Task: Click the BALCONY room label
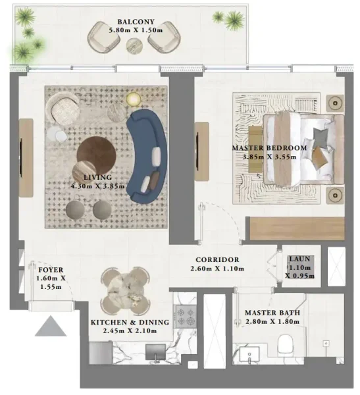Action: pyautogui.click(x=137, y=20)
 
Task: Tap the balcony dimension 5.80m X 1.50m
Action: pyautogui.click(x=137, y=30)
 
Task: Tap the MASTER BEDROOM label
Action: pyautogui.click(x=269, y=148)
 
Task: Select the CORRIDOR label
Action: pyautogui.click(x=217, y=260)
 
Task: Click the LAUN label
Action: pyautogui.click(x=299, y=259)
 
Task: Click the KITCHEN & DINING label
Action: pyautogui.click(x=130, y=322)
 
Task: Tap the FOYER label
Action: pyautogui.click(x=50, y=270)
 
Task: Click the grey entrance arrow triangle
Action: pyautogui.click(x=51, y=326)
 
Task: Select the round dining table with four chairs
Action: pyautogui.click(x=125, y=290)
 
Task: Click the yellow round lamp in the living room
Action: pyautogui.click(x=134, y=99)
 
